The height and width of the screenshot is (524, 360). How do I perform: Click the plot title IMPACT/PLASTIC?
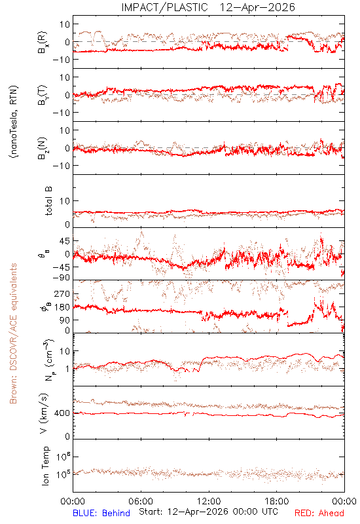164,7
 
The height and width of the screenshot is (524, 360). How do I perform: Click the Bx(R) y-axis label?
43,42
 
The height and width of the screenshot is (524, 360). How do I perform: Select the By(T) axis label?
43,95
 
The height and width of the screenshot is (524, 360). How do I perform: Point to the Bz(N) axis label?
43,148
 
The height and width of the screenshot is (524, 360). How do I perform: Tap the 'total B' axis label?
48,201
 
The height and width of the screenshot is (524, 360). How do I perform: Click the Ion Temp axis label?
45,466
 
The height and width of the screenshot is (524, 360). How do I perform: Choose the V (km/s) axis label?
44,413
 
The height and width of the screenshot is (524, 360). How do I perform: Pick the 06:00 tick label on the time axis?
141,501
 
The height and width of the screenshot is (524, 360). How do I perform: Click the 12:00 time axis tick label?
209,501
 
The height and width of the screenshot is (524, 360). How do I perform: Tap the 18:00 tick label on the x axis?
277,501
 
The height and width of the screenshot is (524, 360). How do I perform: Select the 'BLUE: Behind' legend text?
101,513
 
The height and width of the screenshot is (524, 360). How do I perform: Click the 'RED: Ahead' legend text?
319,513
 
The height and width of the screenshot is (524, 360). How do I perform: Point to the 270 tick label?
62,293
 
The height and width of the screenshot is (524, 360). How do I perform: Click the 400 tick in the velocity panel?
62,413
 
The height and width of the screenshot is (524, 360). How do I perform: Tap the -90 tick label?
61,278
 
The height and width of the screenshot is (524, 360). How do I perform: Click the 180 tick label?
62,307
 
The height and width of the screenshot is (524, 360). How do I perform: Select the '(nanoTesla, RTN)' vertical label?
14,122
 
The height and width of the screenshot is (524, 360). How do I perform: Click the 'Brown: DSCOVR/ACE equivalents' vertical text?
13,333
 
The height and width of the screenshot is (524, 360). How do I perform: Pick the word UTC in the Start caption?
268,512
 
